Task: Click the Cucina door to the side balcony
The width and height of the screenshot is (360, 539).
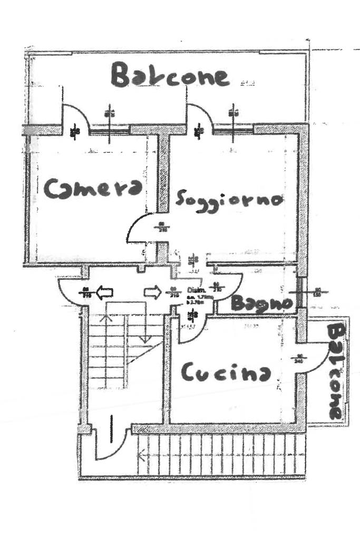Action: coord(317,358)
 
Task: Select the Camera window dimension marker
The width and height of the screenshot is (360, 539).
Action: coord(109,113)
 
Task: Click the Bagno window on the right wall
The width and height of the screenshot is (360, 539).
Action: coord(300,292)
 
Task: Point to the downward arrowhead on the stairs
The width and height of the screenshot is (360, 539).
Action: coord(145,338)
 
